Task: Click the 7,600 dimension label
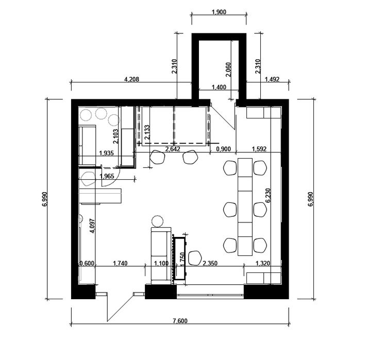tap(180, 321)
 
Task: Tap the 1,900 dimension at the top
tap(219, 12)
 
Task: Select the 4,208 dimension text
tap(131, 79)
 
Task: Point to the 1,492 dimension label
tap(272, 79)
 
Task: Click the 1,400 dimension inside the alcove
tap(219, 87)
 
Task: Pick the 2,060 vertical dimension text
tap(228, 70)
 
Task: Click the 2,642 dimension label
tap(173, 149)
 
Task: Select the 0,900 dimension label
tap(223, 149)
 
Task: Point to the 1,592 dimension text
tap(259, 149)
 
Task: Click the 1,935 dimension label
tap(106, 153)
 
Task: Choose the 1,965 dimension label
tap(107, 176)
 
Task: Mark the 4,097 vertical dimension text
tap(92, 226)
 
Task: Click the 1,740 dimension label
tap(120, 263)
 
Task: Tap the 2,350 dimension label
tap(210, 263)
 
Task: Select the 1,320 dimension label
tap(263, 263)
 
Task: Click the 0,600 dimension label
tap(87, 263)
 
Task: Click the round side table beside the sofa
tap(157, 221)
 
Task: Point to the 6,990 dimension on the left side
tap(45, 199)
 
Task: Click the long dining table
tap(245, 207)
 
